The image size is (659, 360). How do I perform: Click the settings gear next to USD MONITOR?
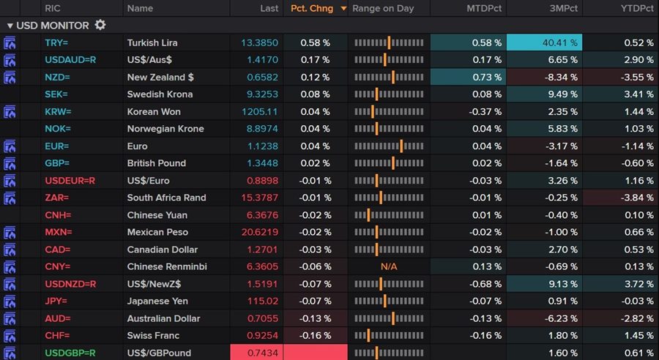coord(100,25)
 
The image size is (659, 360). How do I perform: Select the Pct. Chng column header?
coord(312,8)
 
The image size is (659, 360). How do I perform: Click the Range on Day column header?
coord(383,8)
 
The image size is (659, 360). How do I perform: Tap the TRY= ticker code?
coord(56,43)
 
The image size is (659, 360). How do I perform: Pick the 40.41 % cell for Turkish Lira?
coord(559,43)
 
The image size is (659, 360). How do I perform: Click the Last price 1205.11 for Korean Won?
coord(260,112)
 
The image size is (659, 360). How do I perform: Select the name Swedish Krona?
coord(160,94)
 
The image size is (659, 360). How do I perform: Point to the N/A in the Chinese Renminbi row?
coord(389,266)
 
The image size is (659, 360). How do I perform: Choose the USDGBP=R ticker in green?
coord(70,353)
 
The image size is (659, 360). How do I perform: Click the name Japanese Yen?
coord(157,301)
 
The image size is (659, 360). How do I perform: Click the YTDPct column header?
coord(636,8)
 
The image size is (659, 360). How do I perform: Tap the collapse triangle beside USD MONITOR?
coord(10,26)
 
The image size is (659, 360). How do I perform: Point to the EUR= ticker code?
coord(56,146)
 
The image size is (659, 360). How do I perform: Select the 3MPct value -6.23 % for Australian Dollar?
coord(560,318)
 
